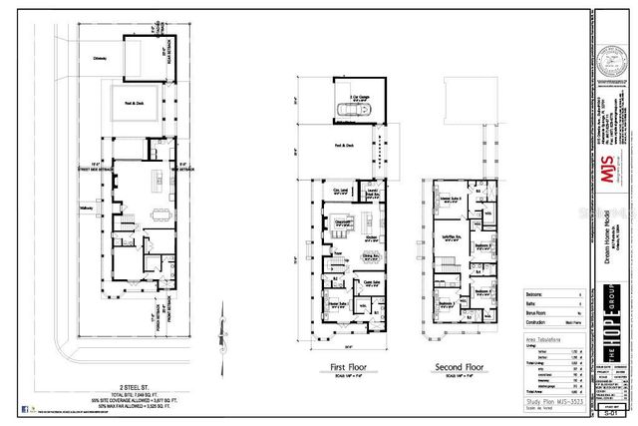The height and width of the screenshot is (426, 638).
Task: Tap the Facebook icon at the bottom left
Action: pyautogui.click(x=24, y=408)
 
